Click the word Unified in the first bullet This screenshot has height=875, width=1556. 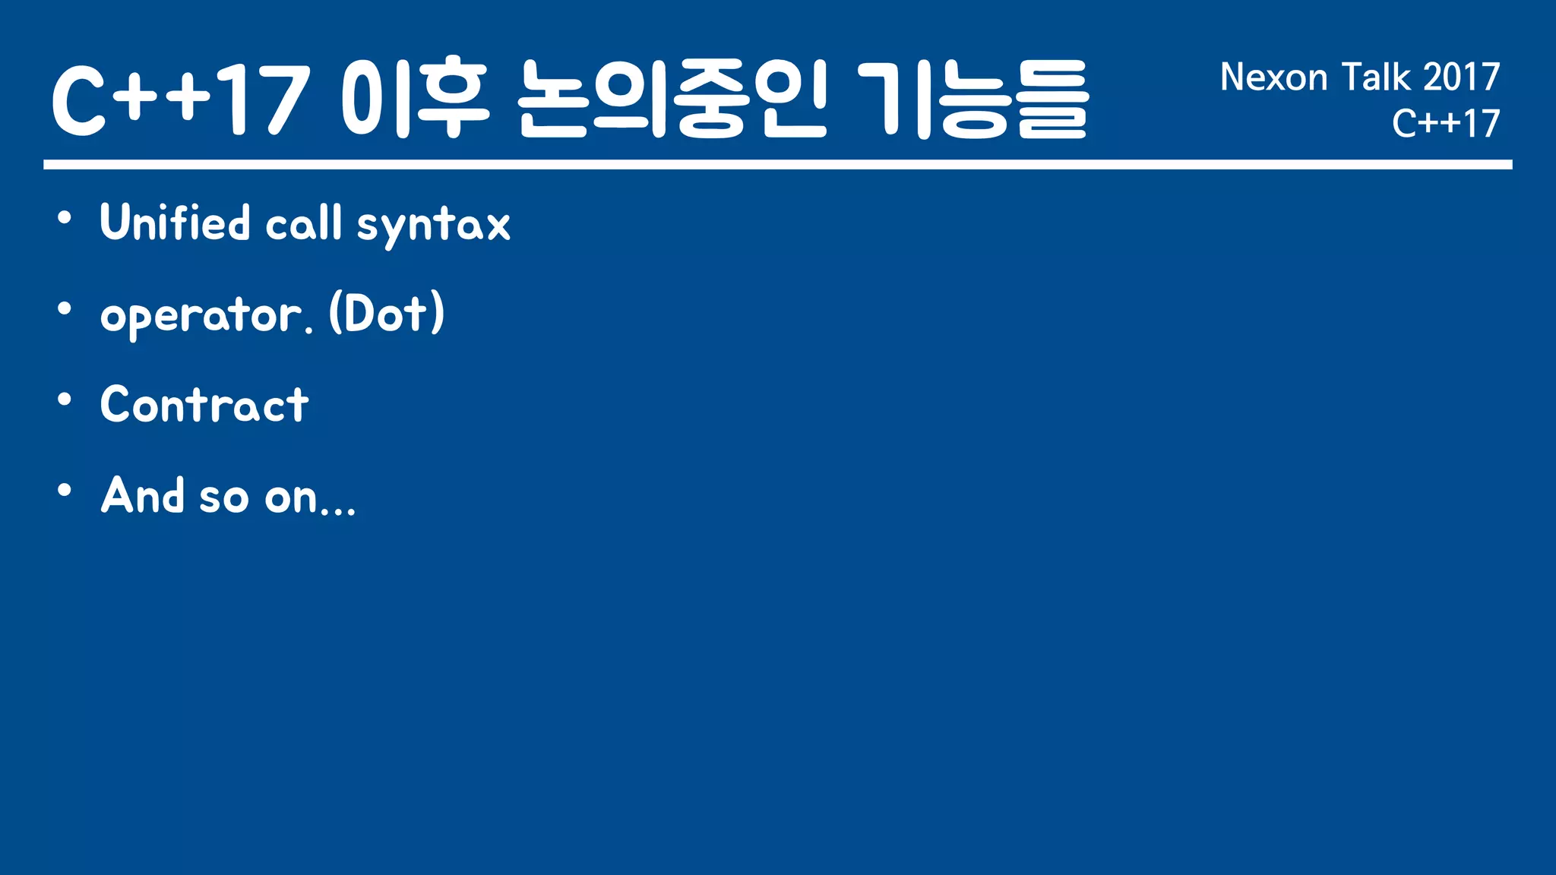coord(175,223)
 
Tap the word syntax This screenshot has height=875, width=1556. coord(433,226)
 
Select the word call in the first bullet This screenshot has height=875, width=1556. coord(303,223)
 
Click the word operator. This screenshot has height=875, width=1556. coord(206,315)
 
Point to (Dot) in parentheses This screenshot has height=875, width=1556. coord(387,313)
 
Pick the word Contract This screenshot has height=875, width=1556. coord(204,404)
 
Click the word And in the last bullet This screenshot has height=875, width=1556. coord(143,495)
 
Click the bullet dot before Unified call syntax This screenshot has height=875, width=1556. coord(65,219)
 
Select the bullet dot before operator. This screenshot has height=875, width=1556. coord(65,309)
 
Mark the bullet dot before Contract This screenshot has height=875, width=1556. coord(65,400)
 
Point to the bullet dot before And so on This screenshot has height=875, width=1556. coord(65,491)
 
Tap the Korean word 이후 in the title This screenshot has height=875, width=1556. coord(414,99)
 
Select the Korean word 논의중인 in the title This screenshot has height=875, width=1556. coord(672,99)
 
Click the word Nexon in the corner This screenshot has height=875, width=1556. coord(1274,77)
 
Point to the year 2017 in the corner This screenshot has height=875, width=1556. coord(1461,77)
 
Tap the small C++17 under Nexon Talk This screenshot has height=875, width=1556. coord(1446,124)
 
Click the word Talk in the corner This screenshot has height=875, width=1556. coord(1375,77)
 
